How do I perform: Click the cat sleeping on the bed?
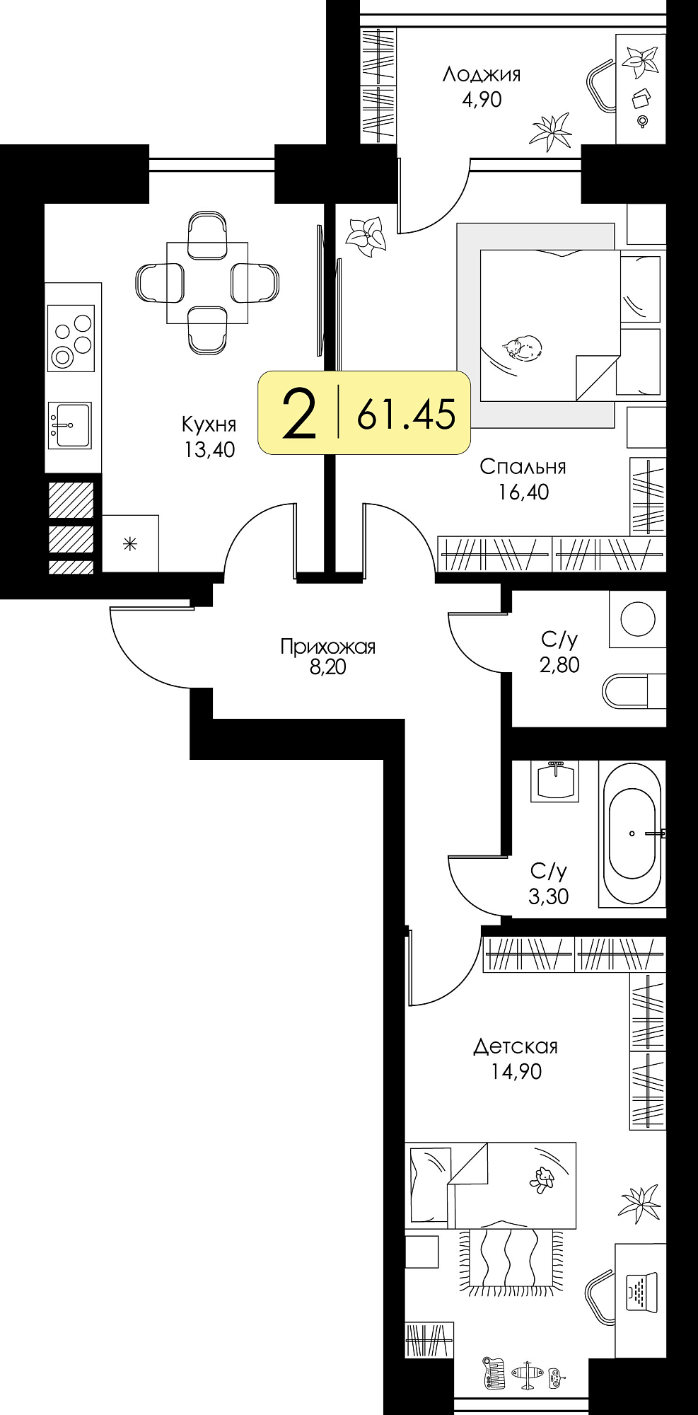coord(523,347)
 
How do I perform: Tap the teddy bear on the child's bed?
coord(542,1179)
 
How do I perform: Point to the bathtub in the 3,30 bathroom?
coord(632,833)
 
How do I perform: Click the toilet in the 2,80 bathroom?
coord(634,691)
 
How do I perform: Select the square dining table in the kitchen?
coord(207,282)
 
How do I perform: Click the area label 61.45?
coord(407,414)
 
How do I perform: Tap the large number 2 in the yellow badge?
coord(298,414)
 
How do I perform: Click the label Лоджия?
coord(482,74)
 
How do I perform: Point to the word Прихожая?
coord(327,646)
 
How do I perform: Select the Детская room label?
coord(516,1046)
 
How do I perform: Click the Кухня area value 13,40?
coord(210,449)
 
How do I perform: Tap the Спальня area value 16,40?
coord(523,492)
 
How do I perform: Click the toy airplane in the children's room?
coord(527,1374)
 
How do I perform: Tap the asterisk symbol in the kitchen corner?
coord(130,543)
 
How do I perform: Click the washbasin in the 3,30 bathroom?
coord(556,780)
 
